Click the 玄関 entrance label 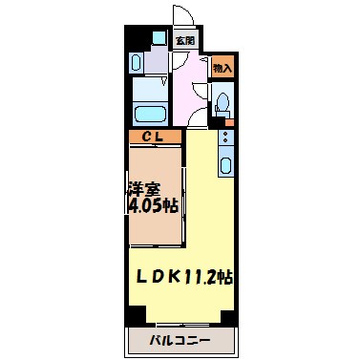pyautogui.click(x=184, y=41)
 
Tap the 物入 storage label pyautogui.click(x=222, y=68)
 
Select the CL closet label pyautogui.click(x=154, y=137)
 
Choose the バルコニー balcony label pyautogui.click(x=180, y=339)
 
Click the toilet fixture pyautogui.click(x=222, y=102)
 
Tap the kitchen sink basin pyautogui.click(x=224, y=162)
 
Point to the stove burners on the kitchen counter pyautogui.click(x=224, y=138)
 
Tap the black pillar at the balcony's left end pyautogui.click(x=136, y=316)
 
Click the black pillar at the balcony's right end pyautogui.click(x=225, y=316)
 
